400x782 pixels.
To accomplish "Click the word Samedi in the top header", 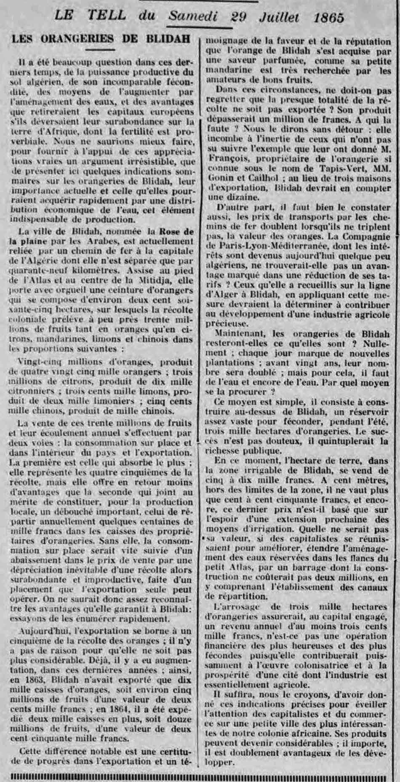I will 193,16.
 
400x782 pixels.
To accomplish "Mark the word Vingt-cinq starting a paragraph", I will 37,363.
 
